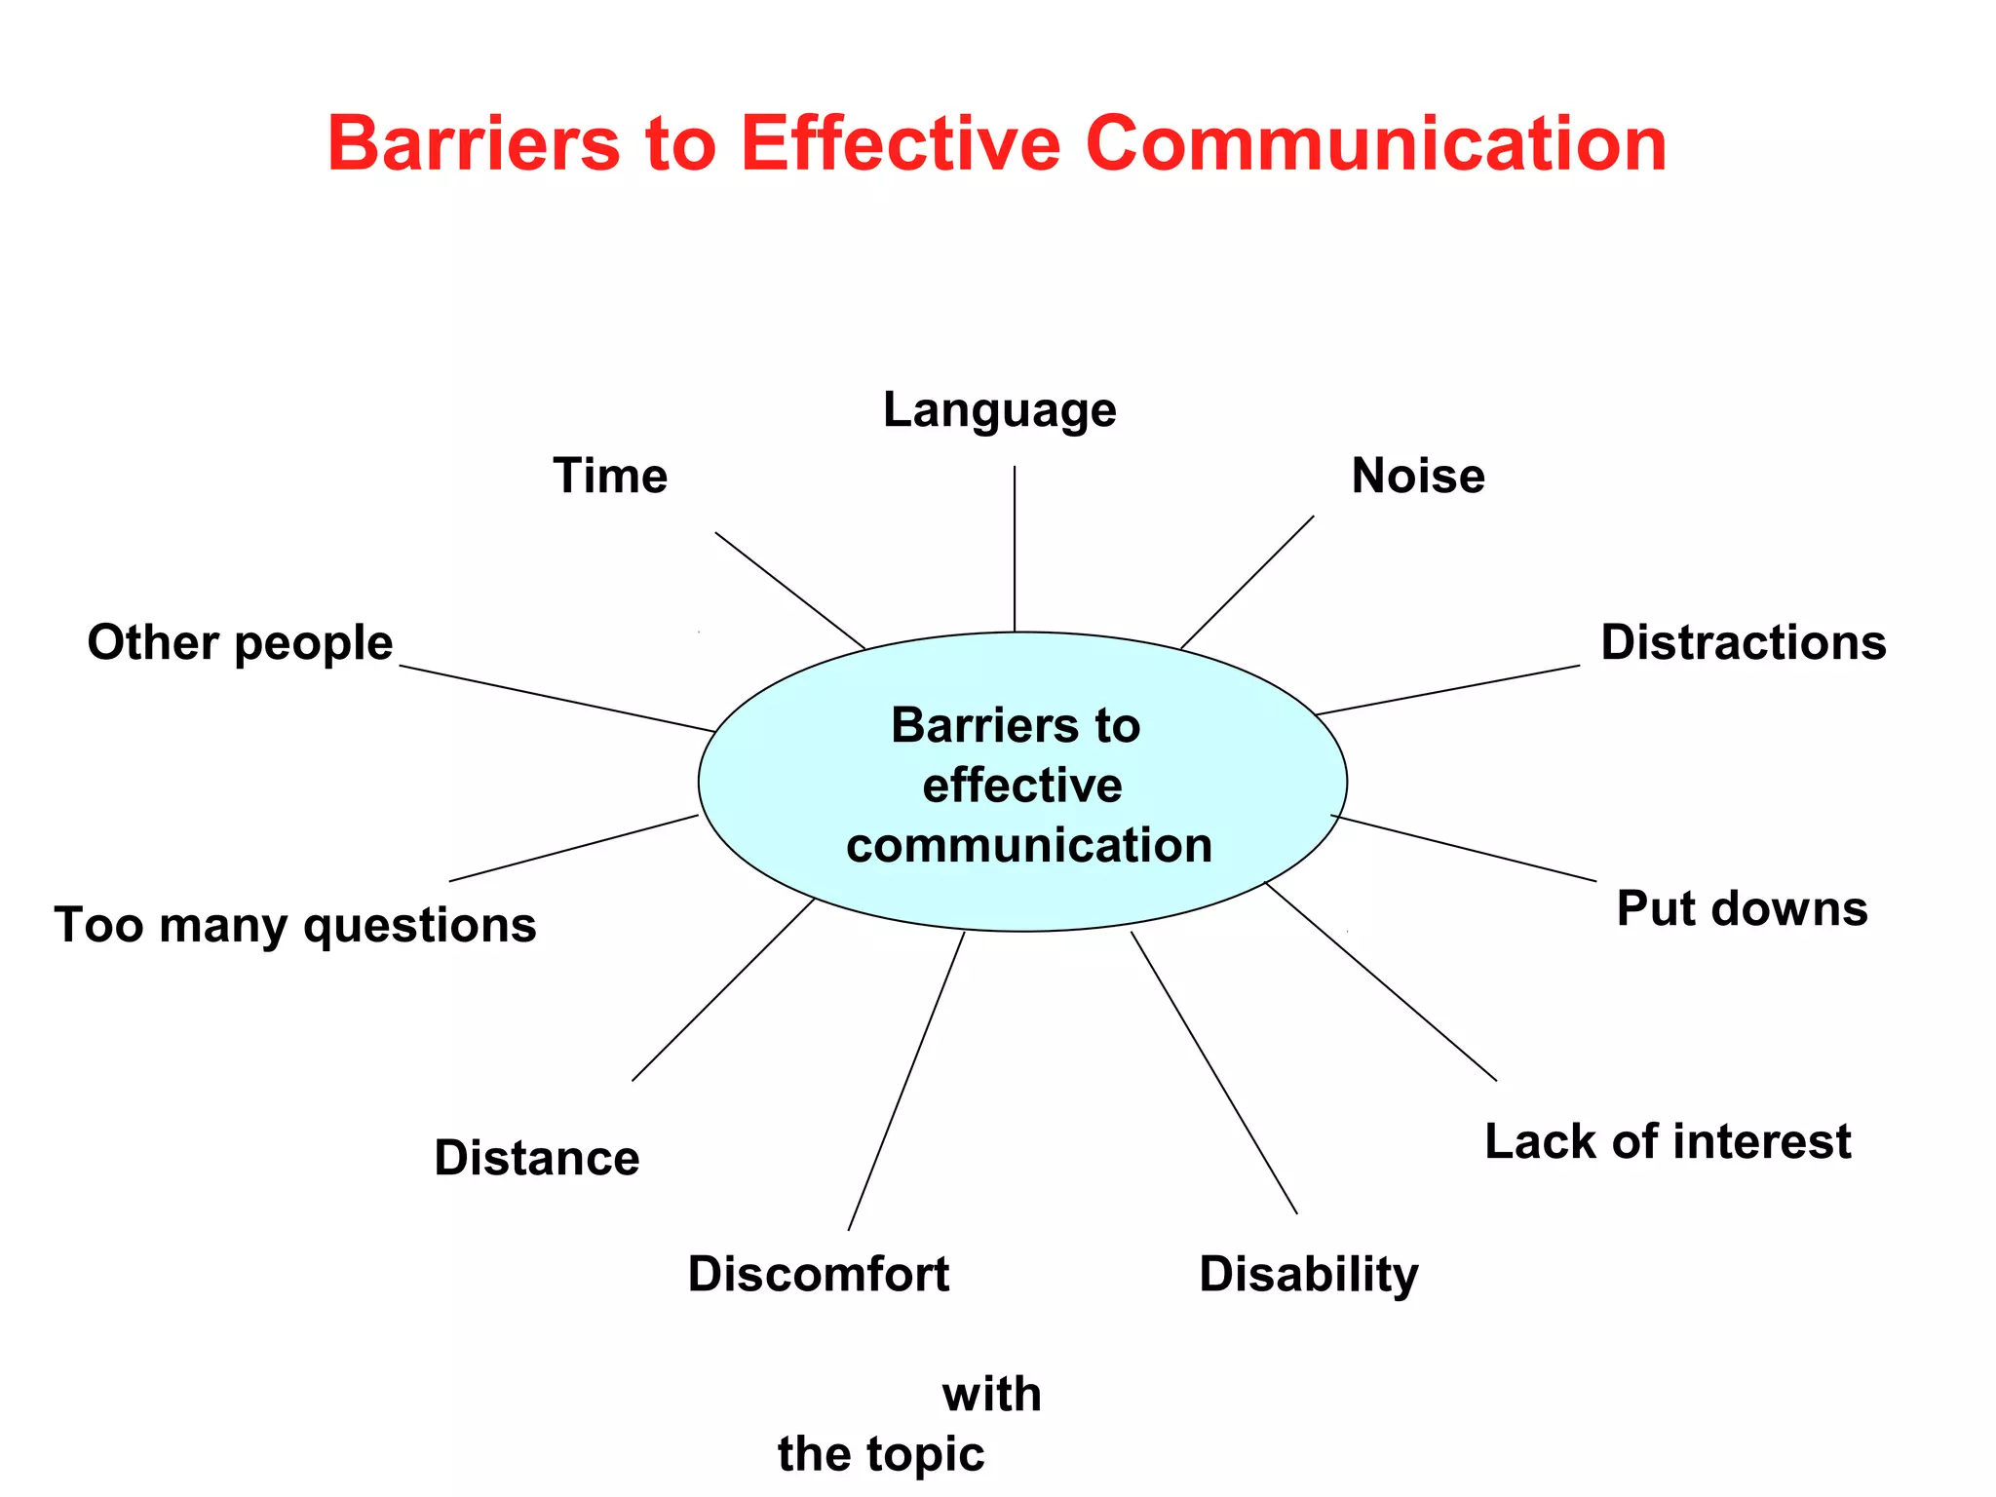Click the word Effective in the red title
click(x=900, y=144)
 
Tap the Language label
click(x=999, y=410)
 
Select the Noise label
click(x=1418, y=477)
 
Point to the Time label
click(x=610, y=477)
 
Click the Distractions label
click(x=1743, y=643)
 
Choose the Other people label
click(x=240, y=643)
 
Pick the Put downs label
click(x=1742, y=908)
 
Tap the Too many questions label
click(x=295, y=925)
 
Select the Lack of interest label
click(x=1667, y=1141)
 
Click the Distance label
click(x=537, y=1158)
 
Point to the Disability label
click(x=1308, y=1275)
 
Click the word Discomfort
click(x=818, y=1275)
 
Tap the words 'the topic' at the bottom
click(x=881, y=1454)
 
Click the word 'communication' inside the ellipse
click(x=1029, y=845)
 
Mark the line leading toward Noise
click(x=1247, y=582)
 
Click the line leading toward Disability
click(x=1214, y=1073)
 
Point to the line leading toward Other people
click(x=557, y=699)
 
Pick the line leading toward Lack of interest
click(x=1380, y=981)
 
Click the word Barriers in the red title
click(x=474, y=144)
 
